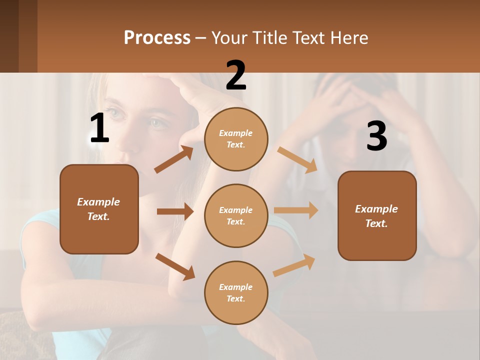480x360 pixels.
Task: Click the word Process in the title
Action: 157,37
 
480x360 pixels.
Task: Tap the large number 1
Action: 99,128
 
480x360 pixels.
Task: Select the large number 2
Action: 236,75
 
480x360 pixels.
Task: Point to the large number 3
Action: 376,136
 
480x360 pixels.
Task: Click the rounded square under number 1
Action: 99,209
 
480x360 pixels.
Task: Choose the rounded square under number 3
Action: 377,215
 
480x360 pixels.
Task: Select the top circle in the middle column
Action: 236,139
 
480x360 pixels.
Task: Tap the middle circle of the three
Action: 236,215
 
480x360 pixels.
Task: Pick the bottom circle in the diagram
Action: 236,292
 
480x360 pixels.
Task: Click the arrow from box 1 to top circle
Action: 173,159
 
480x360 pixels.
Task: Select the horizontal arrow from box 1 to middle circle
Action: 175,211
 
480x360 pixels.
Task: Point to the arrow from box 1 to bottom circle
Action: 175,266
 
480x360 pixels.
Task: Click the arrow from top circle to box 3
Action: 297,160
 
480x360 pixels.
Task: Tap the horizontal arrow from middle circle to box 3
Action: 296,210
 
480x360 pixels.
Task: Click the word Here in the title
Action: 350,37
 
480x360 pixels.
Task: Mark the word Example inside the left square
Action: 98,202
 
